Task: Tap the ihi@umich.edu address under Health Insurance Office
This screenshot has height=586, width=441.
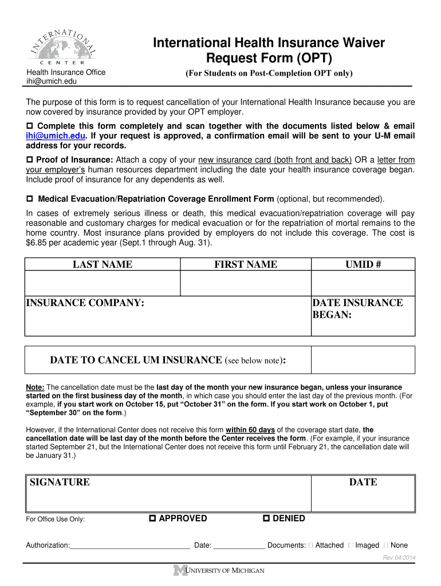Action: coord(51,82)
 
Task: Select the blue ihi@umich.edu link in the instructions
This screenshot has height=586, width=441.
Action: coord(55,136)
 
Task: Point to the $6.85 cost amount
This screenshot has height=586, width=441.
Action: coord(38,243)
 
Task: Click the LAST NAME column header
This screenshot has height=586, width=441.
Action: coord(102,264)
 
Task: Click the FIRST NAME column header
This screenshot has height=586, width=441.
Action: coord(245,264)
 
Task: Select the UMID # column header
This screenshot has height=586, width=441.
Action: coord(363,264)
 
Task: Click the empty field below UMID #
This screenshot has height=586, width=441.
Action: coord(363,283)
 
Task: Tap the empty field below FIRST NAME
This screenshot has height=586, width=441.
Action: coord(245,283)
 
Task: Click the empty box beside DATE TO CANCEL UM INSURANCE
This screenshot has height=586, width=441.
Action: coord(363,361)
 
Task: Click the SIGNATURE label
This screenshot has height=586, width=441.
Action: coord(60,482)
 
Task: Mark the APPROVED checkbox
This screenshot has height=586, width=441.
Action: coord(152,518)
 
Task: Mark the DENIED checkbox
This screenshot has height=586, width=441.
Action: coord(266,518)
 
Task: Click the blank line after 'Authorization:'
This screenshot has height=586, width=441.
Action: coord(130,545)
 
